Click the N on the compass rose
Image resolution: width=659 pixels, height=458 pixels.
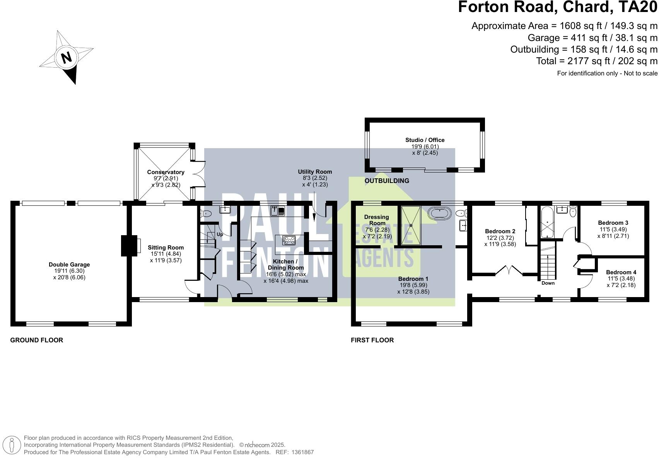click(x=67, y=57)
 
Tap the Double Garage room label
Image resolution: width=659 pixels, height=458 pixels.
click(x=69, y=265)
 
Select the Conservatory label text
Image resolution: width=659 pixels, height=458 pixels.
click(x=166, y=172)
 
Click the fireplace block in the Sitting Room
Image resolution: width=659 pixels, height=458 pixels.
click(x=129, y=246)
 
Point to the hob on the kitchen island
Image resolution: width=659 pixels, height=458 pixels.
click(x=289, y=240)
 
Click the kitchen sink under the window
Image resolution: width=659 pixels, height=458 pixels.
click(x=278, y=211)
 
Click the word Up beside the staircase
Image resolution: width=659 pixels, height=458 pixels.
click(x=220, y=234)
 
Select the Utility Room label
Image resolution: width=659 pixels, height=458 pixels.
click(x=315, y=172)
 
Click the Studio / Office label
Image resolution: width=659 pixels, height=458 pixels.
click(x=425, y=140)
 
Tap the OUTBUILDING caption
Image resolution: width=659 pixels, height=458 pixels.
click(x=387, y=181)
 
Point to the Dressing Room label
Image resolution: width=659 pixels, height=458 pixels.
click(x=376, y=220)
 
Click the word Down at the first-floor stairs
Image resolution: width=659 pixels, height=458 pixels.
click(x=548, y=283)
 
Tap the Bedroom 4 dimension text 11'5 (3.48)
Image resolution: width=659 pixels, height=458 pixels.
click(x=621, y=279)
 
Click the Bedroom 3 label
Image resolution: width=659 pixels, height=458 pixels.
click(x=613, y=223)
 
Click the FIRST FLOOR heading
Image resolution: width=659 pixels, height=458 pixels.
click(x=372, y=340)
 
